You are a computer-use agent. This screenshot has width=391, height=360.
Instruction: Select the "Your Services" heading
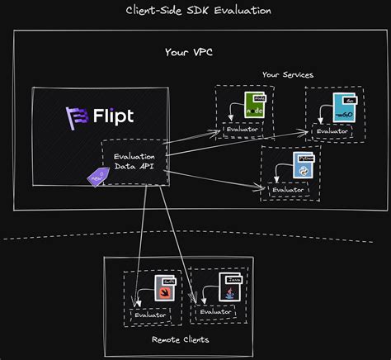[x=287, y=74]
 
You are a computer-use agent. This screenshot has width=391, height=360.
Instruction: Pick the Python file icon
[x=295, y=163]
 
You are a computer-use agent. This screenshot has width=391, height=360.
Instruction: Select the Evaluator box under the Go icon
[x=332, y=130]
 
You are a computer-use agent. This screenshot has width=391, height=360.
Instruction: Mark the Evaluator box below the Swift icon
[x=149, y=315]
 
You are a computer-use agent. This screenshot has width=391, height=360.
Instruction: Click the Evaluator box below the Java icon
[x=216, y=312]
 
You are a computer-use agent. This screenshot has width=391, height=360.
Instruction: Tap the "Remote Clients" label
[x=180, y=339]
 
